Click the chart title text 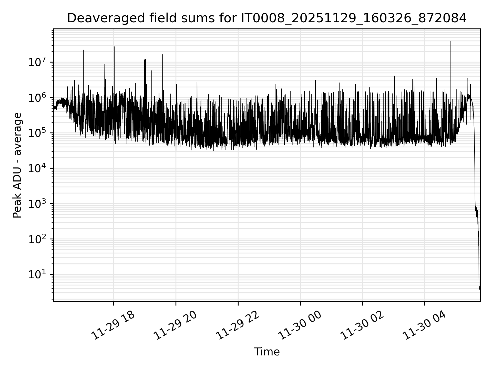(266, 18)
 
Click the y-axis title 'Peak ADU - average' (17, 165)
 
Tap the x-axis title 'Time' (266, 352)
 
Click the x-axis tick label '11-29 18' (113, 325)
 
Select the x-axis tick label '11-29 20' (176, 325)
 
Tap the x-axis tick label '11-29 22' (238, 325)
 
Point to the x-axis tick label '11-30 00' (300, 325)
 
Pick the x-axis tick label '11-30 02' (362, 325)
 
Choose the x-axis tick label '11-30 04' (425, 325)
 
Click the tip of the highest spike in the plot (450, 41)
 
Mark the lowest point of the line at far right (479, 289)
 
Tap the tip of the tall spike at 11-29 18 (115, 47)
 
